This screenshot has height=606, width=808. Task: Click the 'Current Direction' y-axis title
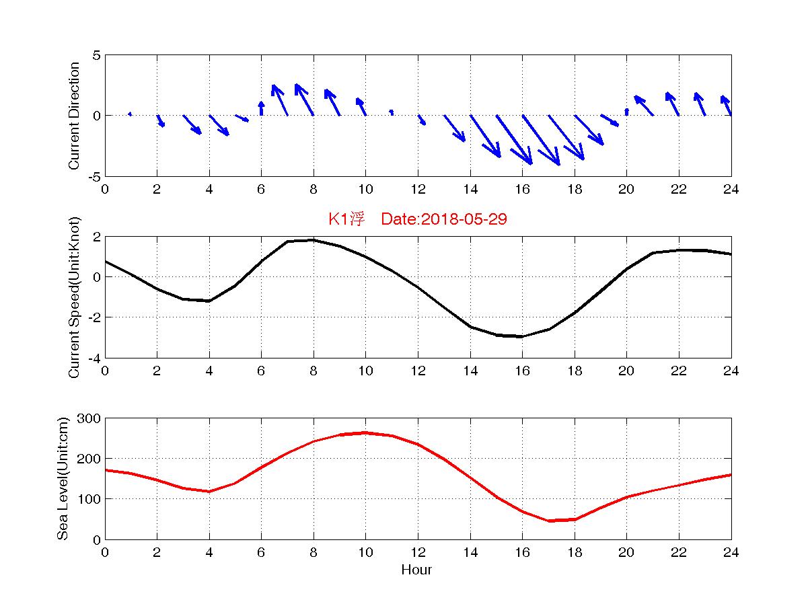click(75, 116)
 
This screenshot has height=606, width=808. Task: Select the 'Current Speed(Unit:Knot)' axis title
click(75, 297)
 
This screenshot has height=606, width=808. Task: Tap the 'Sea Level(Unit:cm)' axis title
click(63, 479)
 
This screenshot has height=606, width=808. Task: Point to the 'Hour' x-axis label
click(417, 570)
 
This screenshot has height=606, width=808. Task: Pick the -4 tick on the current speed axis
click(94, 358)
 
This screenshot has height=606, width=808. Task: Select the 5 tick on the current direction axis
click(96, 55)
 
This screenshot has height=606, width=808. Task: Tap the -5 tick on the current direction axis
click(94, 176)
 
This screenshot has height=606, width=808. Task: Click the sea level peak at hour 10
click(365, 432)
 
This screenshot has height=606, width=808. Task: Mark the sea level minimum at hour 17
click(548, 521)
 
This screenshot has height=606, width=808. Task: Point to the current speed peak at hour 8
click(314, 240)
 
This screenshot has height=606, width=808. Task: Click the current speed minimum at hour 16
click(522, 336)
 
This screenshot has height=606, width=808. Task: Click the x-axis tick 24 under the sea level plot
click(731, 552)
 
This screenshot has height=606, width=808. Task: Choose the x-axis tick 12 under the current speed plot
click(418, 371)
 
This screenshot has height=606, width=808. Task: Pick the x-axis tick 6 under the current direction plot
click(261, 189)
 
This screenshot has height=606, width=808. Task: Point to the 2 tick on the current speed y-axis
click(96, 237)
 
